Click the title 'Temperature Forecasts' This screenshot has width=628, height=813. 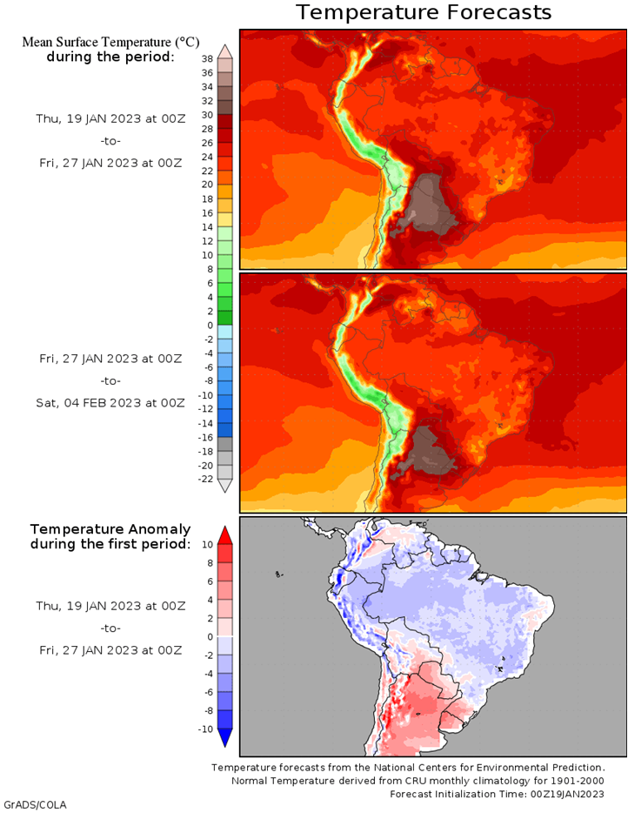click(x=424, y=12)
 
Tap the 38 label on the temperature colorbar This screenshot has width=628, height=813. click(x=207, y=59)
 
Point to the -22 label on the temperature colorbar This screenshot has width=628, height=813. click(x=205, y=479)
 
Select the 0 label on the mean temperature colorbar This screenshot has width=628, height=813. click(x=210, y=326)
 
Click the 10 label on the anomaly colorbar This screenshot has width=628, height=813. click(x=207, y=544)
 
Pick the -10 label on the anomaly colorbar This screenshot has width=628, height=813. click(x=205, y=729)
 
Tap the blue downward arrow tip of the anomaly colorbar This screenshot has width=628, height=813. click(x=225, y=746)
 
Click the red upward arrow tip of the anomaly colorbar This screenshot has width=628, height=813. click(x=225, y=527)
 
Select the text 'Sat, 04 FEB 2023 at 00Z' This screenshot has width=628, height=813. click(x=110, y=403)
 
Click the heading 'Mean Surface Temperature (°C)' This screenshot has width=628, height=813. click(x=110, y=42)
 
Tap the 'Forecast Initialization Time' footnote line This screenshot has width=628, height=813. click(x=497, y=794)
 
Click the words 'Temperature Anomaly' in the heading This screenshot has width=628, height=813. click(x=110, y=529)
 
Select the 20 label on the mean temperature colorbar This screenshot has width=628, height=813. click(x=207, y=185)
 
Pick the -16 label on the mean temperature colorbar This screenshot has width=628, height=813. click(x=205, y=438)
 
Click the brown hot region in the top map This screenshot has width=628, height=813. click(x=428, y=204)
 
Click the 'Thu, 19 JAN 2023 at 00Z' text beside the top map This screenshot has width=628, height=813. click(x=110, y=118)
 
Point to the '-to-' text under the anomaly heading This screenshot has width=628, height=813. click(x=110, y=628)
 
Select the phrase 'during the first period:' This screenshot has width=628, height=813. click(x=110, y=544)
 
